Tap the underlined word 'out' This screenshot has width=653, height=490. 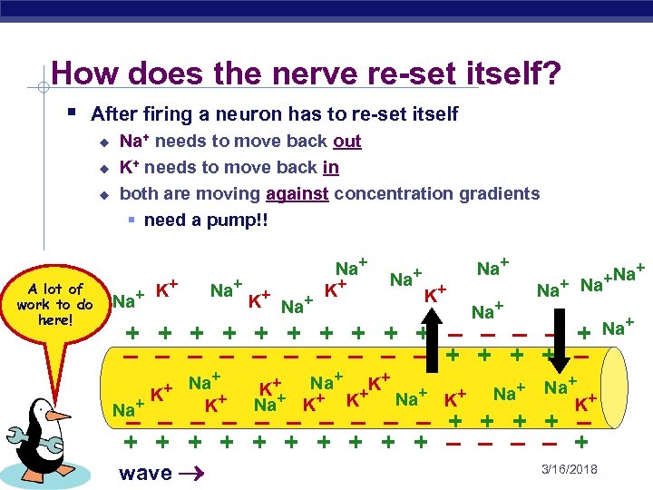pyautogui.click(x=347, y=142)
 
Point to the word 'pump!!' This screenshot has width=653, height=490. pyautogui.click(x=237, y=220)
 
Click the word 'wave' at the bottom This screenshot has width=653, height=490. pyautogui.click(x=145, y=473)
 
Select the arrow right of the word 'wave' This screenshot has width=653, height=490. pyautogui.click(x=192, y=473)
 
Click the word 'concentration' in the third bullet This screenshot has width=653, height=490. pyautogui.click(x=405, y=194)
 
